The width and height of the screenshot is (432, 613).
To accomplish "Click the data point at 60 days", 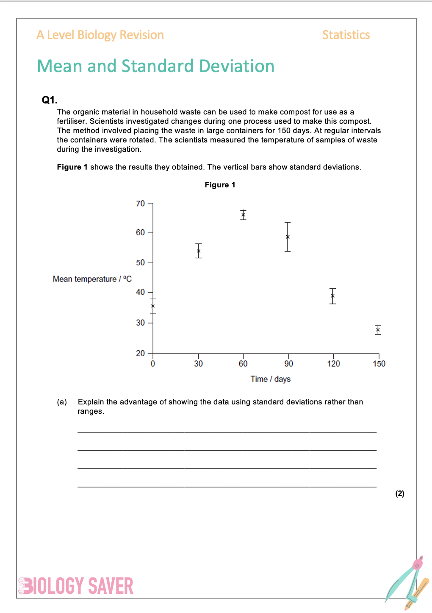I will point(243,215).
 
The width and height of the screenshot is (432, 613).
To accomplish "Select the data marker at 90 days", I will point(288,237).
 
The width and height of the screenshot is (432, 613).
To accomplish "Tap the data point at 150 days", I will point(378,330).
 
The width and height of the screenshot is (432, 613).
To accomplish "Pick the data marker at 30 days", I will point(199,251).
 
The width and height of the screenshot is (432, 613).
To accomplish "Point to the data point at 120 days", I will point(333,296).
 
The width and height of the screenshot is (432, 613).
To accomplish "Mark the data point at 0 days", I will point(153,306).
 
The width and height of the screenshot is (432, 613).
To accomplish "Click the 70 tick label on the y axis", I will point(140,204).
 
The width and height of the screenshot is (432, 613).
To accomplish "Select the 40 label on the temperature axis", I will point(140,292).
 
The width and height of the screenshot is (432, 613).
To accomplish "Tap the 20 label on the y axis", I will point(140,353).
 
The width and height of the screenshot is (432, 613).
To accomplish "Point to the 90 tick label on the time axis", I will point(288,364).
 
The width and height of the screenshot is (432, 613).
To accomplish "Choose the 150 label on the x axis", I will point(379,364).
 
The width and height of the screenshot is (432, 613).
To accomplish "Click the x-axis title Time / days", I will point(270,379).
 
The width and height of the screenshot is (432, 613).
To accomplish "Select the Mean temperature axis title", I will point(92,279).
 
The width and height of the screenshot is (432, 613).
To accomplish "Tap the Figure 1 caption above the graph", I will point(220,185).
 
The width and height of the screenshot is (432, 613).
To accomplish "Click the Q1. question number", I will point(50,100).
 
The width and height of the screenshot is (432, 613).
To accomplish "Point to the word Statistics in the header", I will point(346,35).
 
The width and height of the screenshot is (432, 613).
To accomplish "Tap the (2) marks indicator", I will point(400,493).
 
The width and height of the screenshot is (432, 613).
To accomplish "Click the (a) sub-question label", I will point(62,402).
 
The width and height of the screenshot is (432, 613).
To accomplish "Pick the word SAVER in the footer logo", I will point(111,586).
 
